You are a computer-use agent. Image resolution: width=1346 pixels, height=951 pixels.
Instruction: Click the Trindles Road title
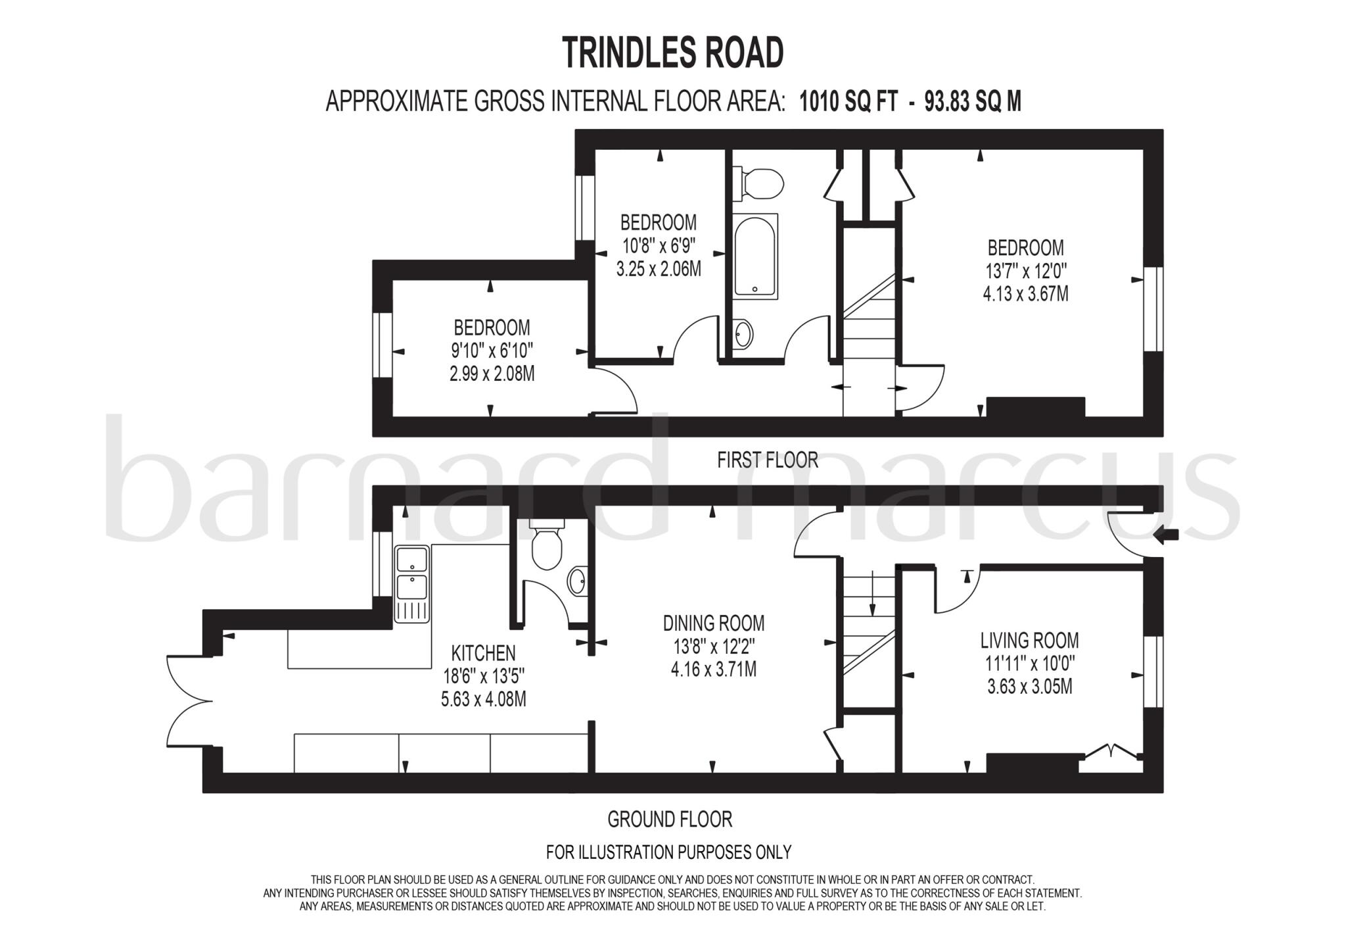click(x=673, y=53)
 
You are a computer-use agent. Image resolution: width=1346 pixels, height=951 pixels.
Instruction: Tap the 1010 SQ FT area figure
click(x=848, y=102)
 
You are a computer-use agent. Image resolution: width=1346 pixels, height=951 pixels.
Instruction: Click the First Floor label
click(x=767, y=460)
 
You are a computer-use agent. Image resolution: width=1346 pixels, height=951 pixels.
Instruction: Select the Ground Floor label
click(x=669, y=819)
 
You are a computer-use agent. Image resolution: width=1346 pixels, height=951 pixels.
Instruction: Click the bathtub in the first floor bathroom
click(x=756, y=256)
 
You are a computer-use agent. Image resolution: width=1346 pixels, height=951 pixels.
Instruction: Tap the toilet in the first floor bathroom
click(x=761, y=183)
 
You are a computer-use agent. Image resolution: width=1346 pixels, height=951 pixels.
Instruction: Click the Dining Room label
click(x=713, y=623)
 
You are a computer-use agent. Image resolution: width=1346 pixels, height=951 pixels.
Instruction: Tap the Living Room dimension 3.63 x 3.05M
click(x=1029, y=687)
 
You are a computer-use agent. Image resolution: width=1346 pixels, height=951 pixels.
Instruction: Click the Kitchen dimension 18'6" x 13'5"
click(x=483, y=676)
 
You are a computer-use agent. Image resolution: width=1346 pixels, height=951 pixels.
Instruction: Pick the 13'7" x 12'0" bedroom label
click(x=1025, y=270)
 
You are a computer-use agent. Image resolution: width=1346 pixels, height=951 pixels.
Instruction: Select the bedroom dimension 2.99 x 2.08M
click(x=492, y=374)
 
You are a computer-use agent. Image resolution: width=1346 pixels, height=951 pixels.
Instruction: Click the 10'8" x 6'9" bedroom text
click(x=659, y=246)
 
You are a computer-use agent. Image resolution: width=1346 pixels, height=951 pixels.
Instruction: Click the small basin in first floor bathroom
click(x=743, y=334)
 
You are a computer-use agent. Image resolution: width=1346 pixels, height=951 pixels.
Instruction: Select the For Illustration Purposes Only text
click(x=668, y=852)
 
